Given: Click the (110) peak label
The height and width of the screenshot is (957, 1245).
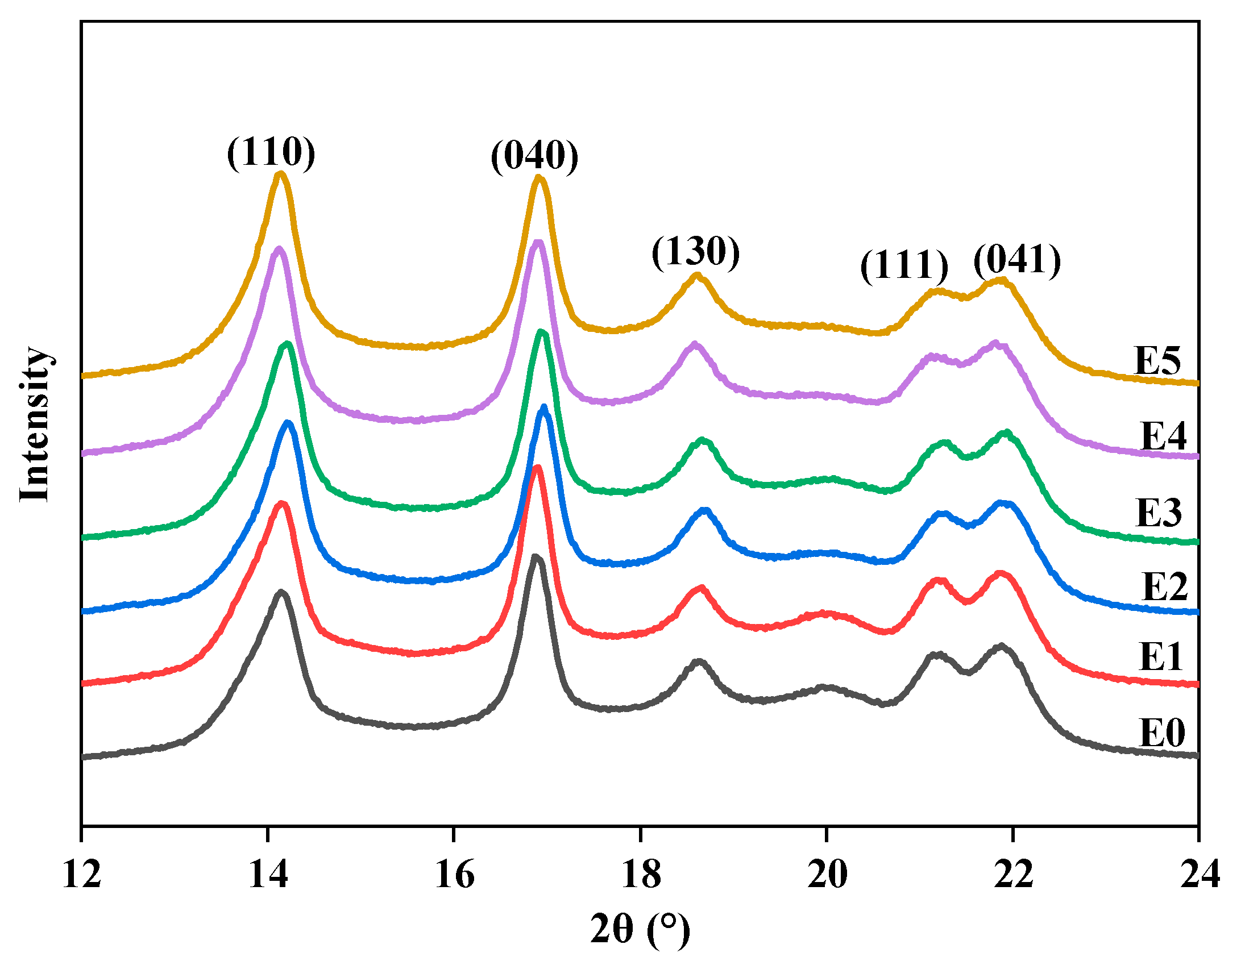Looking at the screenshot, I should pos(271,152).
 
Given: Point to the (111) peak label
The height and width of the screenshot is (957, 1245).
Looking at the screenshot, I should pos(904,265).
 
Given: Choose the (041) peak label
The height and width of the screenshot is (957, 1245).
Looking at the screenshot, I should pos(1016,260).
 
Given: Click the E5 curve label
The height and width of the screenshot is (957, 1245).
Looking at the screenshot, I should pos(1157,360).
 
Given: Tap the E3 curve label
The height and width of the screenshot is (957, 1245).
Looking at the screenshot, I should pos(1159,513).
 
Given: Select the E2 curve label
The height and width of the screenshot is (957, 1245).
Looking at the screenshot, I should pos(1165,586).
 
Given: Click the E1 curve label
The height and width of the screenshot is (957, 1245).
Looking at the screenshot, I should pos(1161,657).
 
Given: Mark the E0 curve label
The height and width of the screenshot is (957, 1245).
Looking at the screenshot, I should pos(1162,733).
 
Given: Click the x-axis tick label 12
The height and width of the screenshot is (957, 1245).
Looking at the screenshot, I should pos(81,875).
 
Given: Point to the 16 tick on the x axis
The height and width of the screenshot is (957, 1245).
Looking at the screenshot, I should pos(454,875).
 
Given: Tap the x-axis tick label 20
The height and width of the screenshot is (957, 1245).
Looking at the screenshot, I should pos(827,875).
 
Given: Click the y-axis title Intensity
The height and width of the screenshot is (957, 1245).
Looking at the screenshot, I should pos(35,425).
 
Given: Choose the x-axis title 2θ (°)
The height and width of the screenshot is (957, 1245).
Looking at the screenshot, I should pos(640,929).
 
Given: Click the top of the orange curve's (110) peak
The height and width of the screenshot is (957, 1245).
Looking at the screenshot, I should pos(280,173).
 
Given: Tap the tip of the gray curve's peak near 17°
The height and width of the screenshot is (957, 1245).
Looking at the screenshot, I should pos(535,556).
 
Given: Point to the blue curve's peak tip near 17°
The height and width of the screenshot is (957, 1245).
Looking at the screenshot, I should pos(543,407).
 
